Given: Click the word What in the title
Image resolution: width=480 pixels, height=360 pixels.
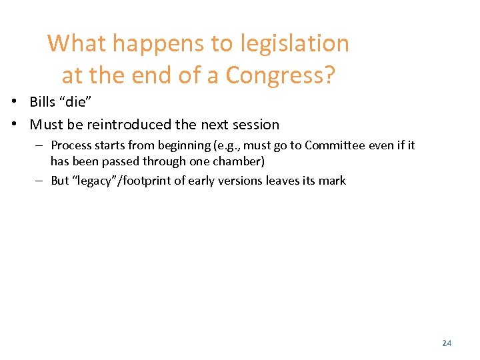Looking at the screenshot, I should tap(77, 43).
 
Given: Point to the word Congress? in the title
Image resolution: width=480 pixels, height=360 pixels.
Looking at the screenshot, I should tap(280, 75).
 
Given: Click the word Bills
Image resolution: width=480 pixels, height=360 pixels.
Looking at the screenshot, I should tap(44, 102).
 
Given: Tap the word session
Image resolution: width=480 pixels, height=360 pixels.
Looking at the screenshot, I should tap(257, 125).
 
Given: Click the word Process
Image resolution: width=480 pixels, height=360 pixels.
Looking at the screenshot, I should tap(72, 145).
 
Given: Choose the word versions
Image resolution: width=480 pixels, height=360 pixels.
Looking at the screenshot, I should tap(249, 180).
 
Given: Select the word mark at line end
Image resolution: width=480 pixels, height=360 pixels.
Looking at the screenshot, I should tap(333, 180).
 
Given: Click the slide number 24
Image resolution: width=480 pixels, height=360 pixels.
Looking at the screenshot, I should tap(447, 343).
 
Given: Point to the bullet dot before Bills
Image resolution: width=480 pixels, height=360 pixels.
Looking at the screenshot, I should tap(13, 102).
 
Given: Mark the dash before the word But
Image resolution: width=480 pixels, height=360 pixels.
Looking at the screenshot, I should tap(39, 180).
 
